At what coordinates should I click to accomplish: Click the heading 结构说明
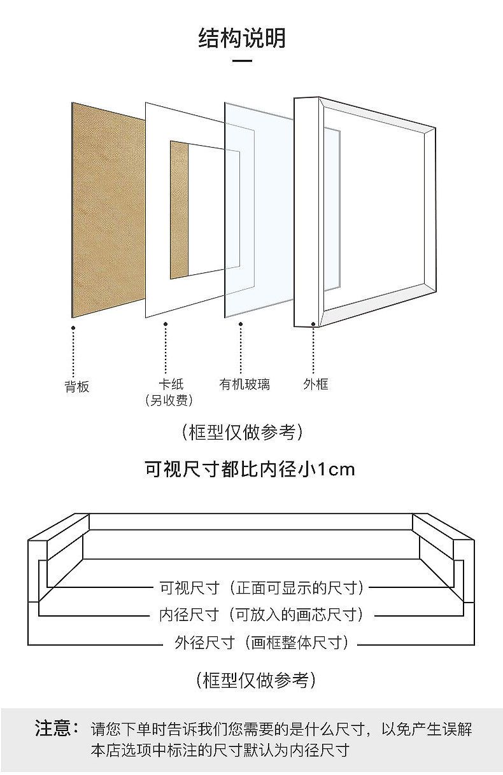tap(242, 38)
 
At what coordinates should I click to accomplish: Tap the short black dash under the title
tap(242, 62)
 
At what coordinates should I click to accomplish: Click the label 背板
tap(77, 386)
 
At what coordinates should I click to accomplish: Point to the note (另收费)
tap(169, 400)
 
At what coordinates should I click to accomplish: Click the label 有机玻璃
tap(244, 384)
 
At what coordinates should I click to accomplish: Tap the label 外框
tap(315, 384)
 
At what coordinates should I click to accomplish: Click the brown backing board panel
tap(105, 210)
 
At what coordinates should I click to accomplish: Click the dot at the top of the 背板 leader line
tap(73, 328)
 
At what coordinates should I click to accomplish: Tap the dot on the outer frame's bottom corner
tap(313, 324)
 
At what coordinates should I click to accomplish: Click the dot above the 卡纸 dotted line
tap(166, 324)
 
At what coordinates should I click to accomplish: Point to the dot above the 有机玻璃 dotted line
tap(241, 324)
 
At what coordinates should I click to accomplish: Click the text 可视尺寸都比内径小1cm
tap(250, 470)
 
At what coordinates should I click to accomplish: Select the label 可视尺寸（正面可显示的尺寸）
tap(261, 587)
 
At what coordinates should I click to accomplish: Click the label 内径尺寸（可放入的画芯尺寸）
tap(261, 615)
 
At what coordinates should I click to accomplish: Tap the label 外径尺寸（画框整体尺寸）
tap(261, 643)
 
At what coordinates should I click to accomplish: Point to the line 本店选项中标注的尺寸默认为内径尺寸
tap(220, 750)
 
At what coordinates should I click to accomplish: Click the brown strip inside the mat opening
tap(179, 210)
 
